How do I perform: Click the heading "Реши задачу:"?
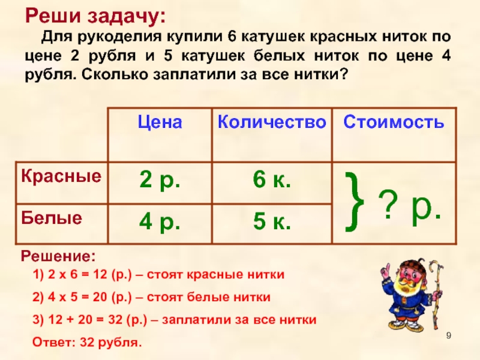pos(95,16)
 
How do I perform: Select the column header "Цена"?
pos(160,122)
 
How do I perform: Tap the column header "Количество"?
pos(272,122)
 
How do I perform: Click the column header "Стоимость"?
pos(394,122)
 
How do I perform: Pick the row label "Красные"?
pos(61,176)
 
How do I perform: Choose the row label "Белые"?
pos(52,218)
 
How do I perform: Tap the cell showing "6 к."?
pos(272,179)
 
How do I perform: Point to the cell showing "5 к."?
pos(272,221)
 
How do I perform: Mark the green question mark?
pos(388,204)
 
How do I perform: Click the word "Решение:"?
pos(58,257)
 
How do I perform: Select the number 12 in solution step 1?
pos(100,274)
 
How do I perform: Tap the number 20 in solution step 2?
pos(100,297)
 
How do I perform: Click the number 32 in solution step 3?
pos(116,320)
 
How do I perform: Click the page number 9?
pos(448,336)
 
